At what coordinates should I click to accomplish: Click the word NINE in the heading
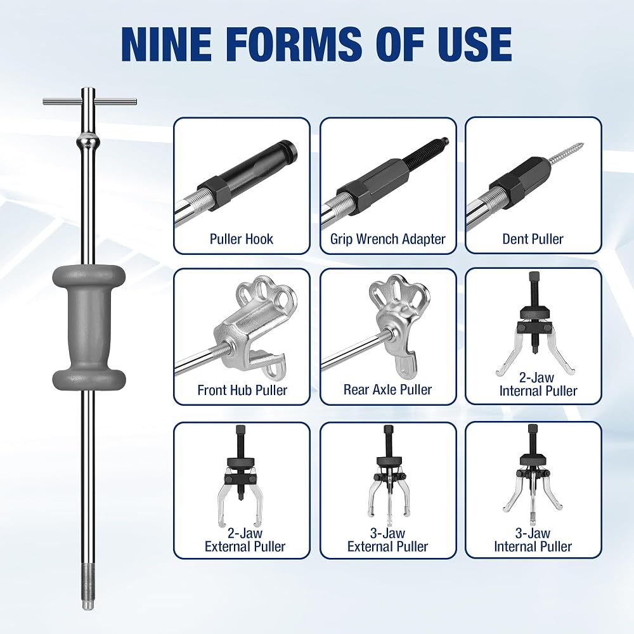[165, 43]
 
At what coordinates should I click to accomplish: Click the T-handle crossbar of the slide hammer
[90, 102]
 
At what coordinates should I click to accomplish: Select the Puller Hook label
[242, 239]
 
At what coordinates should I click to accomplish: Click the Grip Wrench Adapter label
[388, 239]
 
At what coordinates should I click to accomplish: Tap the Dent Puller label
[533, 239]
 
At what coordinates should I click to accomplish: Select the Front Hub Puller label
[242, 390]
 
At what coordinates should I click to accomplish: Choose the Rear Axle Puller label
[387, 390]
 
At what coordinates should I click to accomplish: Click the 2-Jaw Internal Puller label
[538, 384]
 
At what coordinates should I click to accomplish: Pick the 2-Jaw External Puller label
[245, 540]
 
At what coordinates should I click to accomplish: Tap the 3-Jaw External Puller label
[387, 540]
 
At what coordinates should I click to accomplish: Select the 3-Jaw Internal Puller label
[533, 540]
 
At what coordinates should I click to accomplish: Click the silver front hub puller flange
[255, 320]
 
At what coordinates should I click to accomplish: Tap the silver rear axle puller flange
[398, 320]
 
